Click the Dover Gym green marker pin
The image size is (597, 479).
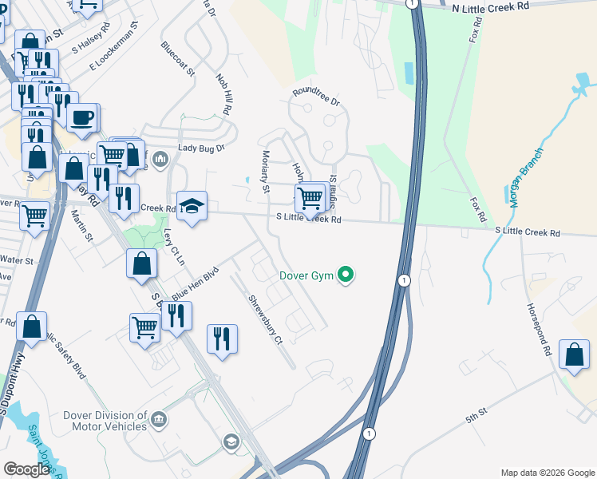[346, 276]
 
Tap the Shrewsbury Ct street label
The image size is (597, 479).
[265, 320]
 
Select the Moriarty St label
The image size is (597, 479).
[266, 172]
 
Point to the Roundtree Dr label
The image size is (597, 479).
[316, 97]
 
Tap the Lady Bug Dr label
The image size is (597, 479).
[202, 148]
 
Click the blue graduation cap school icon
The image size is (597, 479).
[192, 207]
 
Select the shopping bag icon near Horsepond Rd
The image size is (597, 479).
[574, 354]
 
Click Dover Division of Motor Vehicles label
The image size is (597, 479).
[105, 421]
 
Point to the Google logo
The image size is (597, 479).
[27, 469]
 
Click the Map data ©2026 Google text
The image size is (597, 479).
[547, 473]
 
